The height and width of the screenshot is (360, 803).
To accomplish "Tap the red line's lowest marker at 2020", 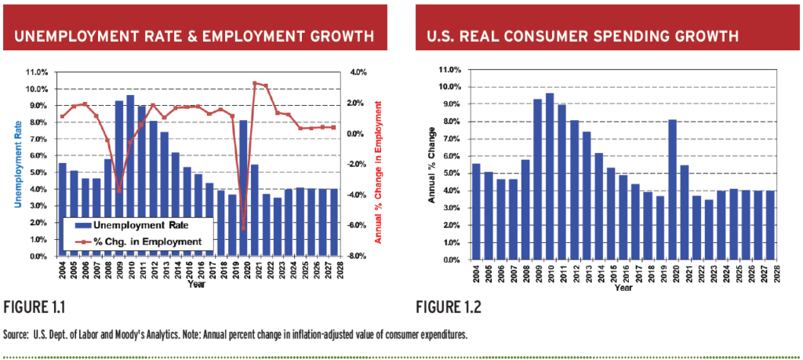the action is pyautogui.click(x=244, y=228).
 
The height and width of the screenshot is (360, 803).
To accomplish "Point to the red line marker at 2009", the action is pyautogui.click(x=119, y=190).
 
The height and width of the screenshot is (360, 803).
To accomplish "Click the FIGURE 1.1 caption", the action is pyautogui.click(x=34, y=308).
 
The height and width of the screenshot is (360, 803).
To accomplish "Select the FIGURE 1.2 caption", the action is pyautogui.click(x=448, y=308).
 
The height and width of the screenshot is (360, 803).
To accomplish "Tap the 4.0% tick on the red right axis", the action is pyautogui.click(x=358, y=72).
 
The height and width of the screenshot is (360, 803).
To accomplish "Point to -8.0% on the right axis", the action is pyautogui.click(x=357, y=256).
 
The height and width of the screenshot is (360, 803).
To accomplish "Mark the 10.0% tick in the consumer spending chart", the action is pyautogui.click(x=452, y=86).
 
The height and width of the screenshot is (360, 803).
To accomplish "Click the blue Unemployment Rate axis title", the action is pyautogui.click(x=19, y=165).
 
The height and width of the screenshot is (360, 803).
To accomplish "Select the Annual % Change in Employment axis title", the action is pyautogui.click(x=379, y=172).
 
